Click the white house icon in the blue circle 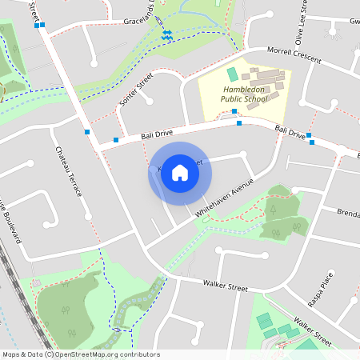coord(180,172)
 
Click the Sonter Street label coord(135,90)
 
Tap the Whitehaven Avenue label coord(225,198)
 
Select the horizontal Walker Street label coord(225,285)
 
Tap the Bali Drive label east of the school coord(290,130)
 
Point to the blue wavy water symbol coord(167,35)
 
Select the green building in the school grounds coord(233,74)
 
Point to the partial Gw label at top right coord(354,22)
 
